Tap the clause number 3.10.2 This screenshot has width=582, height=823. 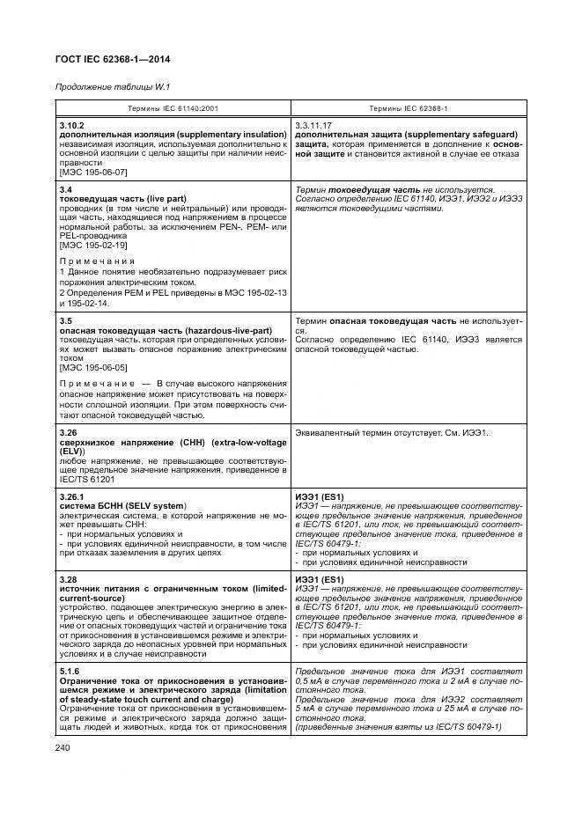(x=71, y=126)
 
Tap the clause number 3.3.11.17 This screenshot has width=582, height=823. (x=316, y=126)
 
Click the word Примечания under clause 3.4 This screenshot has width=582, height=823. (x=97, y=261)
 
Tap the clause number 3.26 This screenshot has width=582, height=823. (x=69, y=433)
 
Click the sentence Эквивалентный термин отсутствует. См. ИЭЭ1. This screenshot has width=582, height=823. (x=391, y=434)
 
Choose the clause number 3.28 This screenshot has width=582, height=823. (x=69, y=578)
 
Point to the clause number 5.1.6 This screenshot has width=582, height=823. (x=70, y=670)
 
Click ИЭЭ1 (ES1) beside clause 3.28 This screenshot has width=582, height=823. (x=320, y=579)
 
